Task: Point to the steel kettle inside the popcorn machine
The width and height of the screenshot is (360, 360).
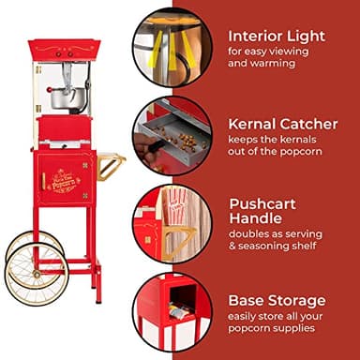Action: point(64,95)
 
